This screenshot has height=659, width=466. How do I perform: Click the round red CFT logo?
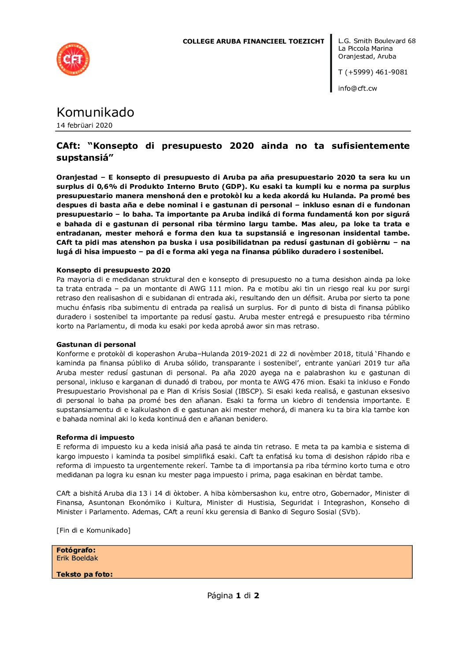click(73, 59)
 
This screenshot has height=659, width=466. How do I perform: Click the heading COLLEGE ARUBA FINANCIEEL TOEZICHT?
click(253, 41)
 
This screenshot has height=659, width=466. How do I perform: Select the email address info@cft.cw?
click(357, 88)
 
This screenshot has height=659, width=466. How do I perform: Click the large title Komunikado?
click(95, 112)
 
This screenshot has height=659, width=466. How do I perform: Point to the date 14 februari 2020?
click(84, 125)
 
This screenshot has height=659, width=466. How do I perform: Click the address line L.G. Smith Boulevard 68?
click(377, 41)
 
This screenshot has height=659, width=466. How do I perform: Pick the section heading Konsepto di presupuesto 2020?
click(113, 270)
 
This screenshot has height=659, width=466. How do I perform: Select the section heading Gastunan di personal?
click(96, 345)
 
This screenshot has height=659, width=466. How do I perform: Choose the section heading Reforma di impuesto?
click(95, 438)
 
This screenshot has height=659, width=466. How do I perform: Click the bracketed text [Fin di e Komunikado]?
click(93, 530)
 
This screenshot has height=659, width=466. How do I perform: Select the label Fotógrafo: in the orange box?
click(76, 550)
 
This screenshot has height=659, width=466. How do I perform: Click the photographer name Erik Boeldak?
click(77, 558)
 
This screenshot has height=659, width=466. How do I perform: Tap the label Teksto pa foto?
click(85, 574)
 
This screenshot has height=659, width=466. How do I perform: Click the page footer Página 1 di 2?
click(233, 596)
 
